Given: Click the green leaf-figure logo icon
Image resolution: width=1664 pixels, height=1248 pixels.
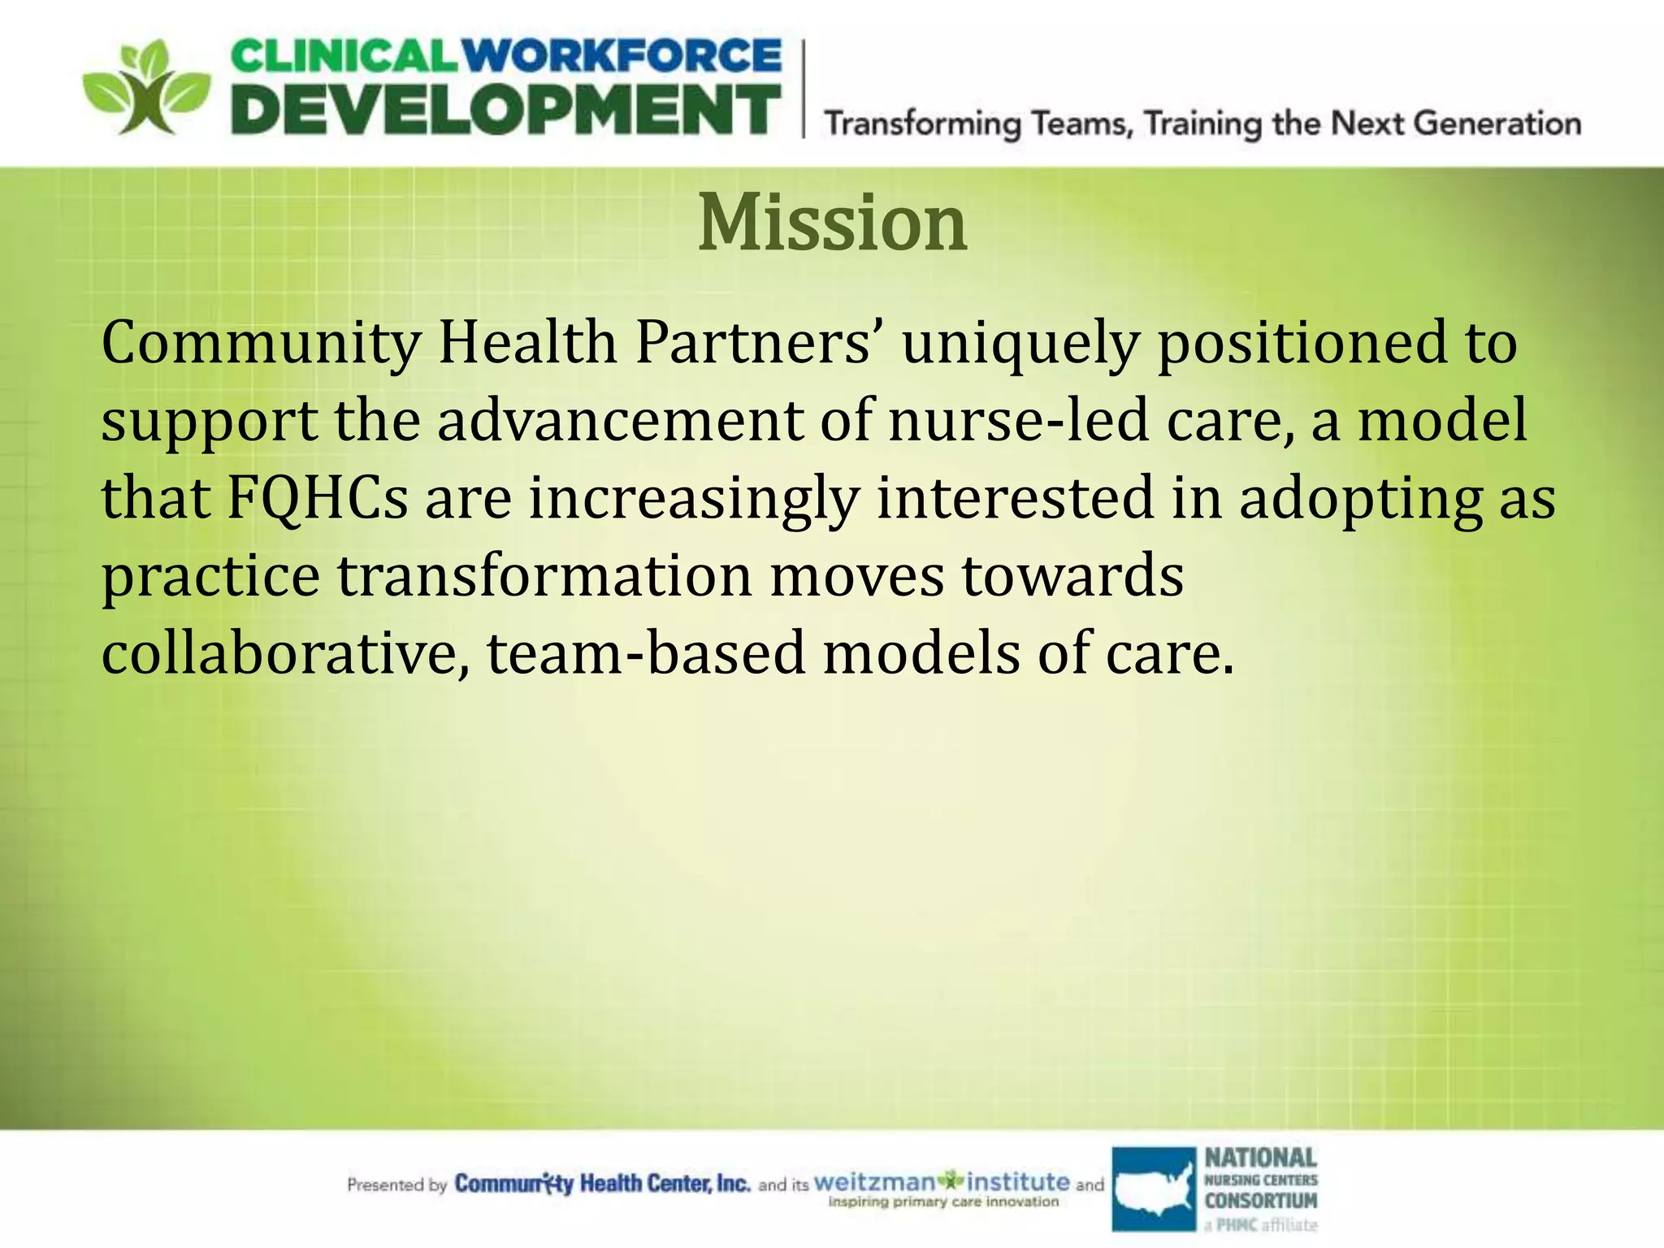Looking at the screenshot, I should (x=146, y=88).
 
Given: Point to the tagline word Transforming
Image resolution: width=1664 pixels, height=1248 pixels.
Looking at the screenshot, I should (x=923, y=124).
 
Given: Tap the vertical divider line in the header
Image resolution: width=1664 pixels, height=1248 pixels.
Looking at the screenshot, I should (x=804, y=89).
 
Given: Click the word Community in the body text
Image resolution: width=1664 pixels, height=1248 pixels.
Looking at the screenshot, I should (x=261, y=344).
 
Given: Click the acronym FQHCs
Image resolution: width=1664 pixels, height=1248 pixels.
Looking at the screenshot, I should (x=317, y=497).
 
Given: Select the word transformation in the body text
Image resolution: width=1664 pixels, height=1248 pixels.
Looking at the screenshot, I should (x=544, y=575).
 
